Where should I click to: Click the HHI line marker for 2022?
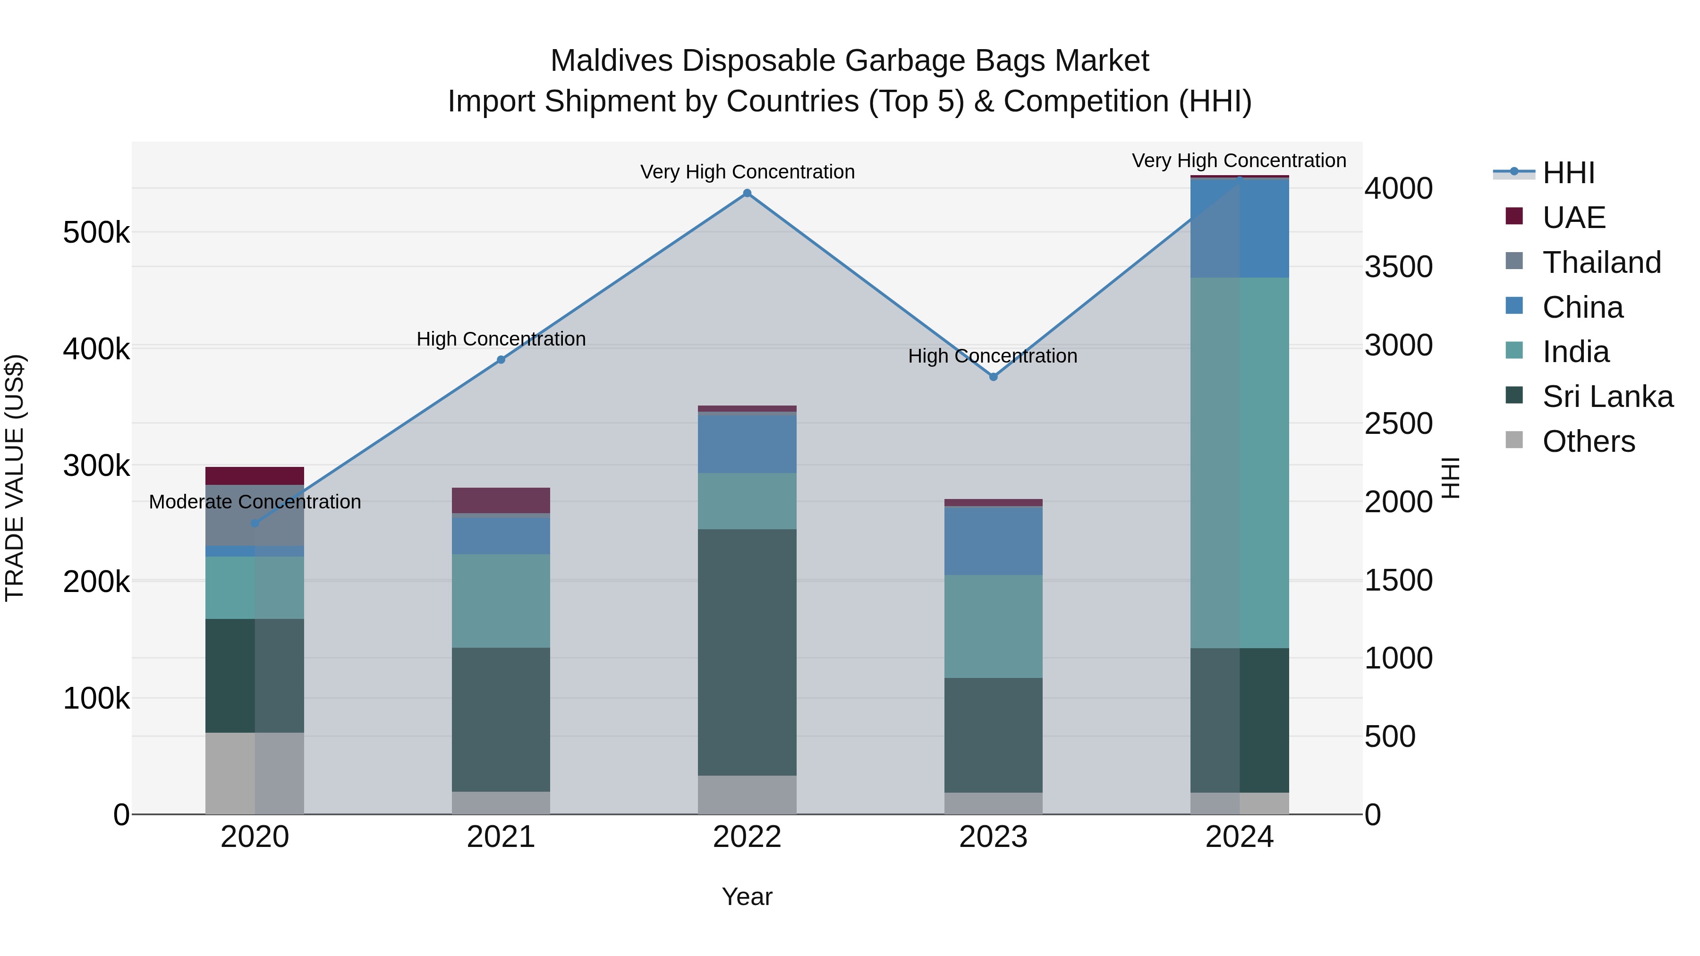[x=747, y=193]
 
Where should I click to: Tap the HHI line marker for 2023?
[x=993, y=377]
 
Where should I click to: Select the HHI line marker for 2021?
[x=501, y=360]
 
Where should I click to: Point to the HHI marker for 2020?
[x=255, y=523]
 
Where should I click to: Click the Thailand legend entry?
[x=1601, y=262]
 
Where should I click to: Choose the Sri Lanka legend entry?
[x=1607, y=397]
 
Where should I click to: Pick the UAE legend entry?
[x=1573, y=218]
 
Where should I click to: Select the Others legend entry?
[x=1588, y=441]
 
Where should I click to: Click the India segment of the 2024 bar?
[x=1240, y=462]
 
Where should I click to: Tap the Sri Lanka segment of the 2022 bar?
[x=747, y=652]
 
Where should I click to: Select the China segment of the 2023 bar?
[x=993, y=541]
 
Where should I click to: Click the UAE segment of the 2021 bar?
[x=501, y=500]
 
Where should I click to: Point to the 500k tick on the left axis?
[x=96, y=233]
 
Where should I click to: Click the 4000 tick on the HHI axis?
[x=1398, y=189]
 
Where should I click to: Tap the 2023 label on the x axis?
[x=993, y=837]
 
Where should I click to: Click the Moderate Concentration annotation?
[x=255, y=502]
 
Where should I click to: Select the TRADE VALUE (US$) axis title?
[x=15, y=478]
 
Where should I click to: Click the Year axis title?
[x=747, y=897]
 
